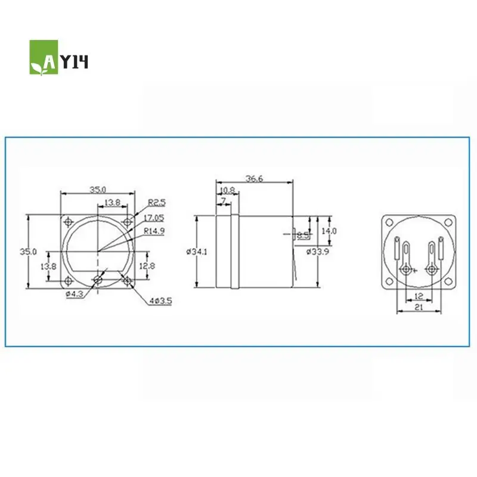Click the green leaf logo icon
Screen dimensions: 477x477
(x=44, y=58)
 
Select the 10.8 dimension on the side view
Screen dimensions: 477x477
(x=227, y=191)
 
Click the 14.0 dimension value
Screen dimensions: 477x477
(x=329, y=231)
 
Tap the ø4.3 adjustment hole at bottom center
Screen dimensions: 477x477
(x=98, y=280)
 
